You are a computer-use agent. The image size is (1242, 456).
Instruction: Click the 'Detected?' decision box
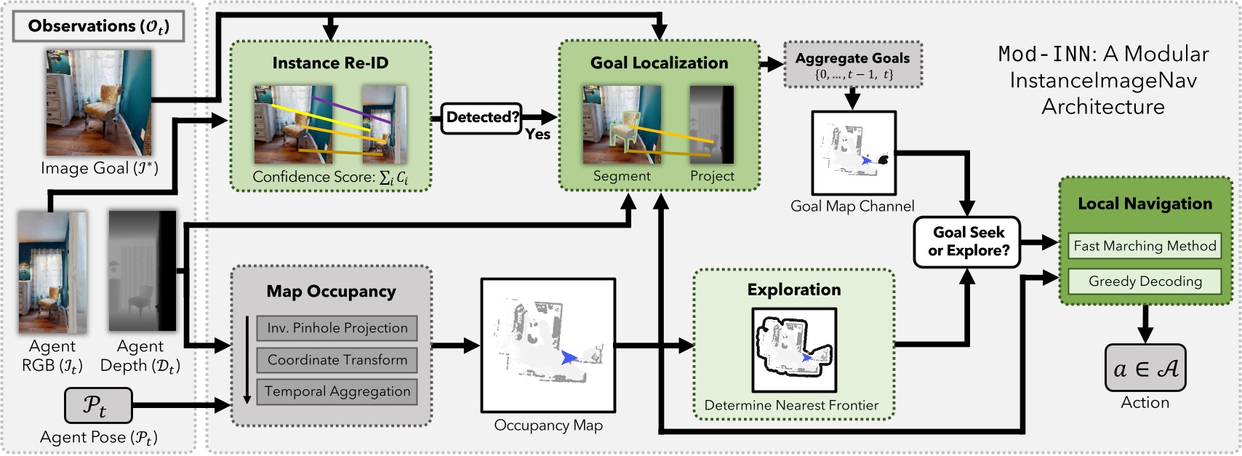click(x=481, y=118)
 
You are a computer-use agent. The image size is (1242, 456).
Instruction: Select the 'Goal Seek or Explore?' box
click(x=968, y=241)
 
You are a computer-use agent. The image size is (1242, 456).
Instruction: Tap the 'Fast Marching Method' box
click(x=1145, y=246)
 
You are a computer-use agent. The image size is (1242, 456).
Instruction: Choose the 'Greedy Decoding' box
click(x=1145, y=281)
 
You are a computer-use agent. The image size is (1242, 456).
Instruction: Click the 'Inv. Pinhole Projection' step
click(x=337, y=328)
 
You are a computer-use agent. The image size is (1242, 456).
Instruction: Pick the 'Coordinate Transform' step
click(x=337, y=360)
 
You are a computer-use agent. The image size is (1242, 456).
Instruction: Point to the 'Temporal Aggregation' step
click(x=337, y=391)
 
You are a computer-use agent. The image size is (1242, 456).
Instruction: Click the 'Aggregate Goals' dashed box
click(x=852, y=65)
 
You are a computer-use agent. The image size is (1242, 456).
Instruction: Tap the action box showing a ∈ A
click(x=1145, y=369)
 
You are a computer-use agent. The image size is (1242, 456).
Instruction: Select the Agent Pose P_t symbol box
click(x=98, y=405)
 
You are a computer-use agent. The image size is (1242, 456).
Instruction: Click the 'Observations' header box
click(x=98, y=27)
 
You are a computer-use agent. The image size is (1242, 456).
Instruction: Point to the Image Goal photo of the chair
click(x=99, y=103)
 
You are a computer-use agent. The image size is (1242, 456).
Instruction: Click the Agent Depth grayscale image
click(x=143, y=271)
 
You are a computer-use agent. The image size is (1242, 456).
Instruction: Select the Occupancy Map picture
click(x=548, y=345)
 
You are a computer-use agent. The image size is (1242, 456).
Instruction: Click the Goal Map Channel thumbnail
click(x=853, y=153)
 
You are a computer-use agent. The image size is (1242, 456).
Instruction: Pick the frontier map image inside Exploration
click(x=793, y=350)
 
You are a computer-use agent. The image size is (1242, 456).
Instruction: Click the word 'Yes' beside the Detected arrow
click(x=538, y=135)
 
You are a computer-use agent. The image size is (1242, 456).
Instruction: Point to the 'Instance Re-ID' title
click(x=330, y=63)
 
